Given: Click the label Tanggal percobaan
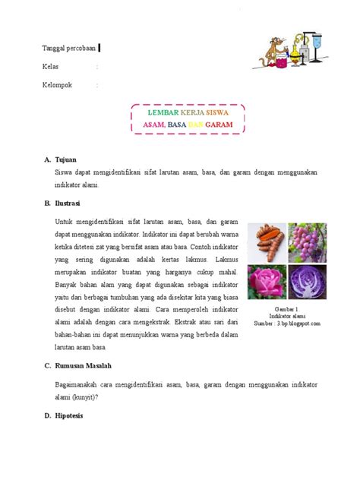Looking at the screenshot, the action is (x=69, y=49).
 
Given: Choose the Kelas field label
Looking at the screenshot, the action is (x=51, y=68).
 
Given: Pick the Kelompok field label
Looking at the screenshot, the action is (x=57, y=85).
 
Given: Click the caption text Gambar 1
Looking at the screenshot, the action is (x=287, y=311).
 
